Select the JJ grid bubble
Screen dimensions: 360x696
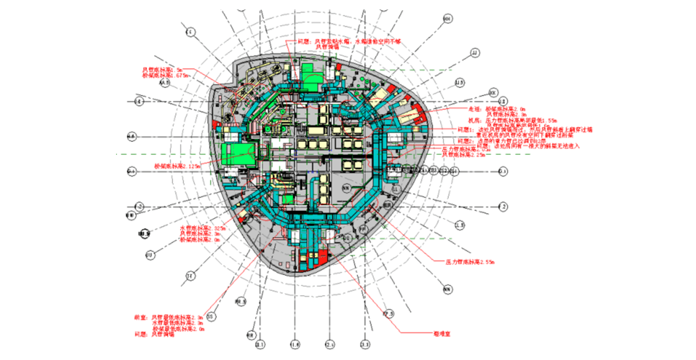coord(474,53)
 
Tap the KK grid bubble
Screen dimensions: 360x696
coord(493,93)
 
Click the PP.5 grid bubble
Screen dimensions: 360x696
coord(388,314)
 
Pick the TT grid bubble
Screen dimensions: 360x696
coord(189,276)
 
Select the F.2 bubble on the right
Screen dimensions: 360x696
coord(504,207)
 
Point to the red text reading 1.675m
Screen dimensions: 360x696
coord(165,75)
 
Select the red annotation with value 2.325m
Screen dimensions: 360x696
coord(202,228)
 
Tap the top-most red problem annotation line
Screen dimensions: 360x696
coord(338,41)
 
